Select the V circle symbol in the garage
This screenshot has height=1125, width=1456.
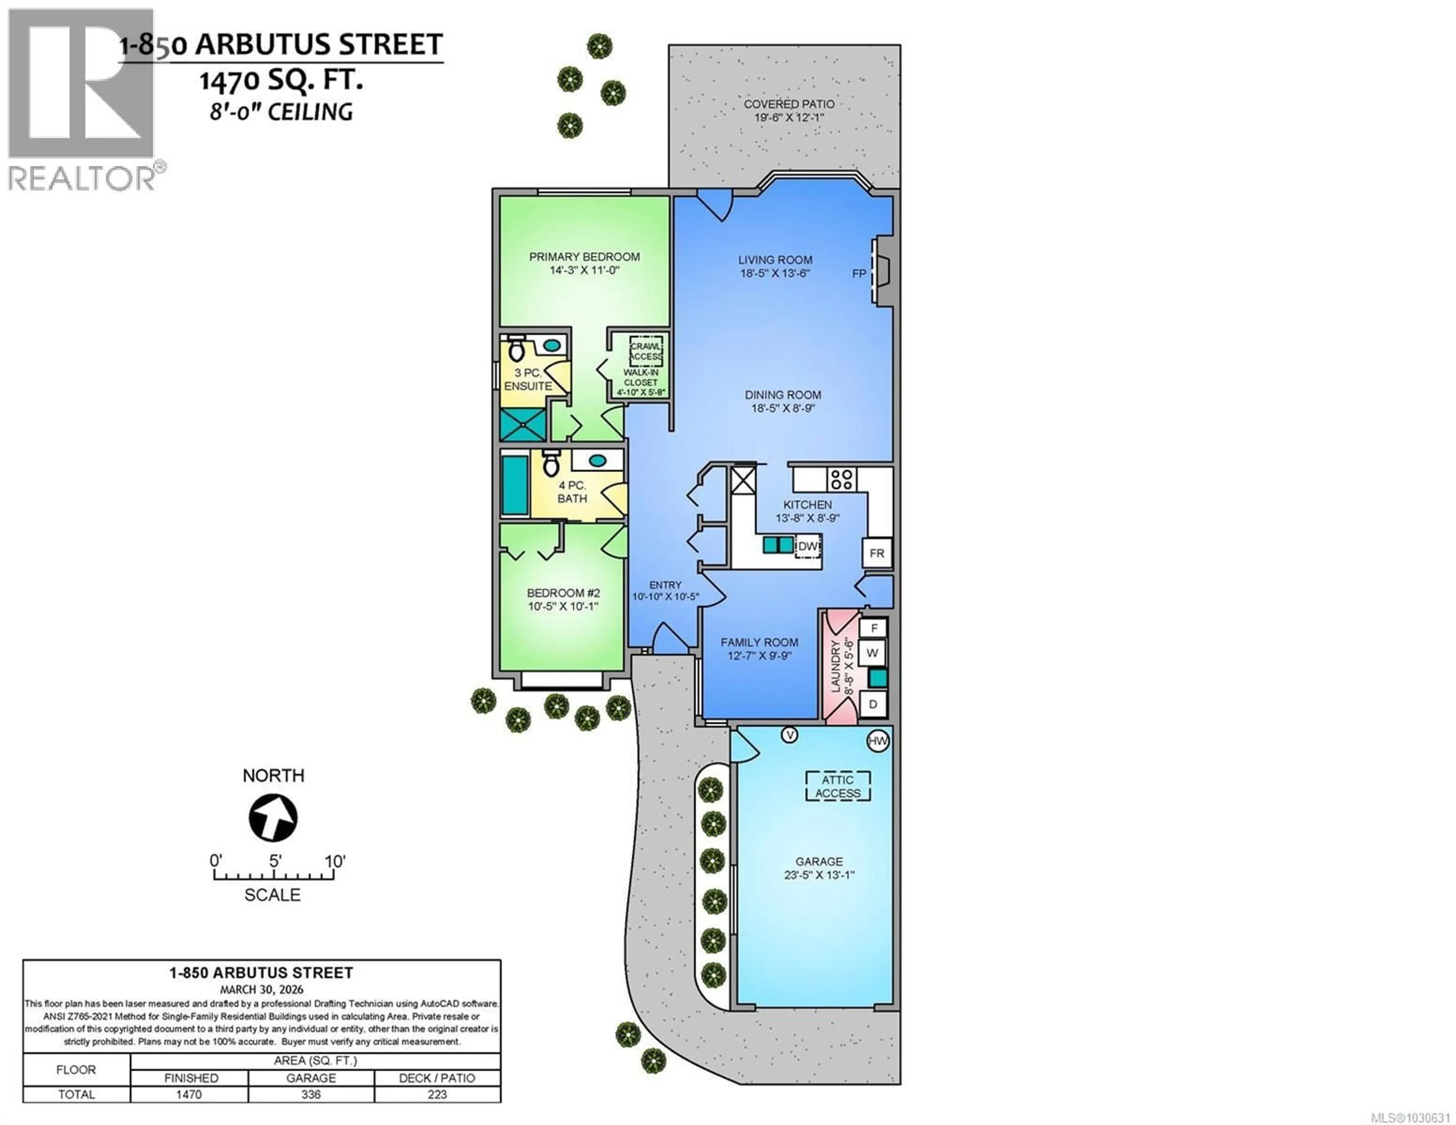[x=789, y=735]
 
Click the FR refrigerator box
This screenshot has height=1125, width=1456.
[x=877, y=553]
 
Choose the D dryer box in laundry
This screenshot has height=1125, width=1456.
[x=873, y=704]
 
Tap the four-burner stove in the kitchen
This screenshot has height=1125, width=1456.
[x=842, y=480]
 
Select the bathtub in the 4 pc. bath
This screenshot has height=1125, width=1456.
[x=515, y=485]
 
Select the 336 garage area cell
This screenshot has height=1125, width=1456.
[x=311, y=1094]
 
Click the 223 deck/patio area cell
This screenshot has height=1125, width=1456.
[x=437, y=1094]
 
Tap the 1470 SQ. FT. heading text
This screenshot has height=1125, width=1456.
[x=281, y=81]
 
